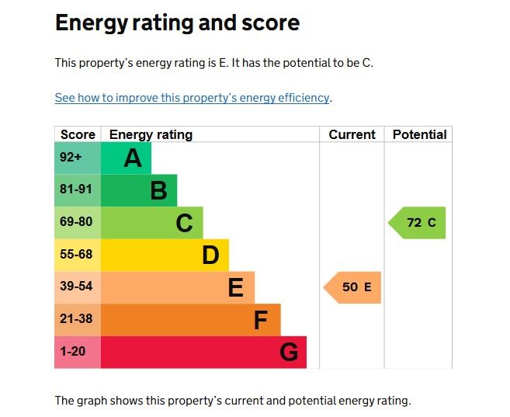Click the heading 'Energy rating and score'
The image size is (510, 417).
point(177,23)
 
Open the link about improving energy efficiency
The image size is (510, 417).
point(193,98)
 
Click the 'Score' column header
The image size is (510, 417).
point(78,134)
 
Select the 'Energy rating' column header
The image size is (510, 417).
point(151,134)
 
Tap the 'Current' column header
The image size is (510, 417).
point(352,134)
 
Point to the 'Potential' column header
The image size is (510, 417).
point(419,134)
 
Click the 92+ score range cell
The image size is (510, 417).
point(71,158)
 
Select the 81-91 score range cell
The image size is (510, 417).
point(76,189)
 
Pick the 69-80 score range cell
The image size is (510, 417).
point(76,222)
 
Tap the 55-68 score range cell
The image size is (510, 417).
point(76,255)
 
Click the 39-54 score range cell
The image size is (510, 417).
point(76,287)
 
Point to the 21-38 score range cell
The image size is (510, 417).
point(76,319)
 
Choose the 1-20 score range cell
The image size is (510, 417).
point(73,352)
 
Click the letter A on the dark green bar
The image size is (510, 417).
point(133,158)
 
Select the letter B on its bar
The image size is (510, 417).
point(158,190)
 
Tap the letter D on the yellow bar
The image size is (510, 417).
point(210,255)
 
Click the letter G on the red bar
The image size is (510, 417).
point(289,353)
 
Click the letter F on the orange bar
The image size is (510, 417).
point(261,320)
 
